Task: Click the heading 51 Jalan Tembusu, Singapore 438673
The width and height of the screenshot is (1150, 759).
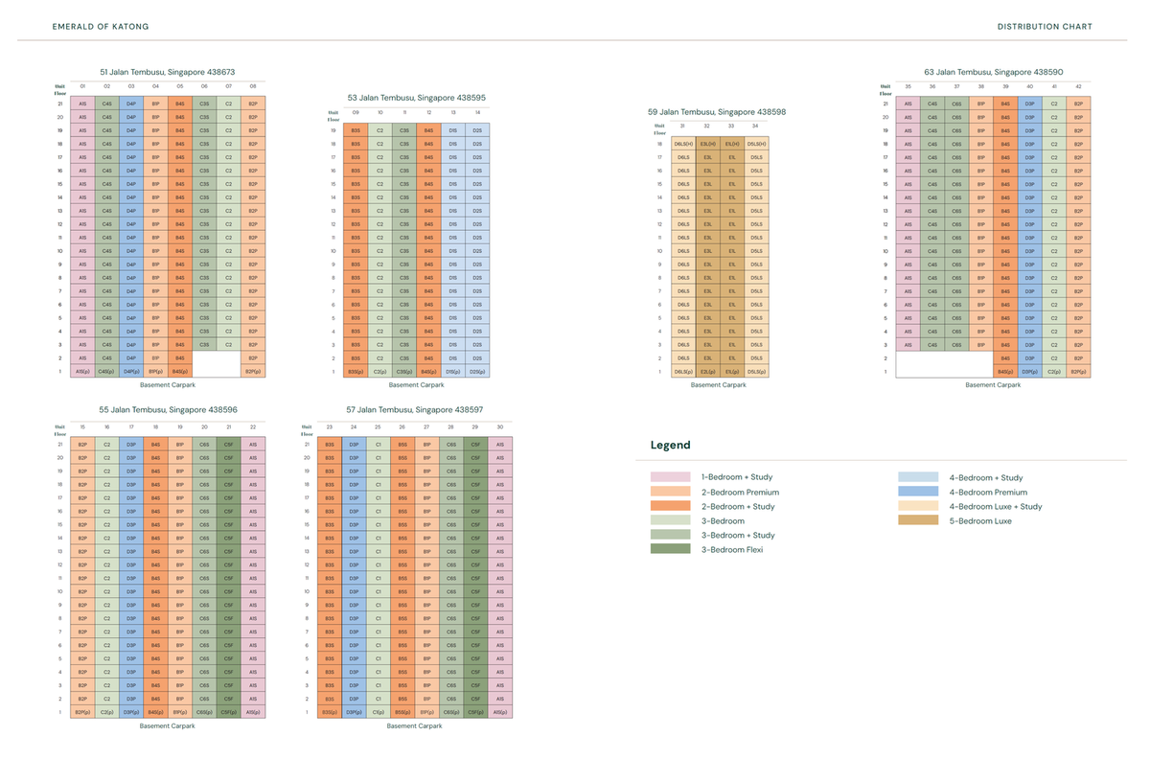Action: point(168,72)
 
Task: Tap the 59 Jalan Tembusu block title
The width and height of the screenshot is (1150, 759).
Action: point(717,112)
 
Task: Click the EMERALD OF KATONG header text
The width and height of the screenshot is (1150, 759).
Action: point(101,26)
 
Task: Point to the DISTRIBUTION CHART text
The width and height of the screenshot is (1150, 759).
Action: point(1045,26)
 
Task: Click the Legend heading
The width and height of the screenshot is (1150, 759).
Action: point(670,446)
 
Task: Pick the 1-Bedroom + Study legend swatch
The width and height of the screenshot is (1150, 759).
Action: point(671,477)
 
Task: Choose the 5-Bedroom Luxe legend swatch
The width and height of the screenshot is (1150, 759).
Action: point(918,520)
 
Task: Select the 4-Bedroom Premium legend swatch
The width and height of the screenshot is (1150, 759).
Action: point(918,492)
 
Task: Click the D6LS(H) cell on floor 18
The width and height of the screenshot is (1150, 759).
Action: point(683,144)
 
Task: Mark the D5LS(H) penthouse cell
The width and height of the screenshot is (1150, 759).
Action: point(756,144)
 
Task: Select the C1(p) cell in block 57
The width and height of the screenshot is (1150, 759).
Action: point(379,712)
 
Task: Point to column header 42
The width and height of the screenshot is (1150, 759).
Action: point(1078,86)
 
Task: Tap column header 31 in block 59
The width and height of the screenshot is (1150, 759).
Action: point(682,126)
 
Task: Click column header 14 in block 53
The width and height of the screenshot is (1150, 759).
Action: point(476,112)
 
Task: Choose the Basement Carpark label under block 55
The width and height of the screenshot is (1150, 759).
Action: point(168,726)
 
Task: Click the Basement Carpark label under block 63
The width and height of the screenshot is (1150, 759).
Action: point(994,385)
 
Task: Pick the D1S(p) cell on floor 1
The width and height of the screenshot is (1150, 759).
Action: point(452,371)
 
